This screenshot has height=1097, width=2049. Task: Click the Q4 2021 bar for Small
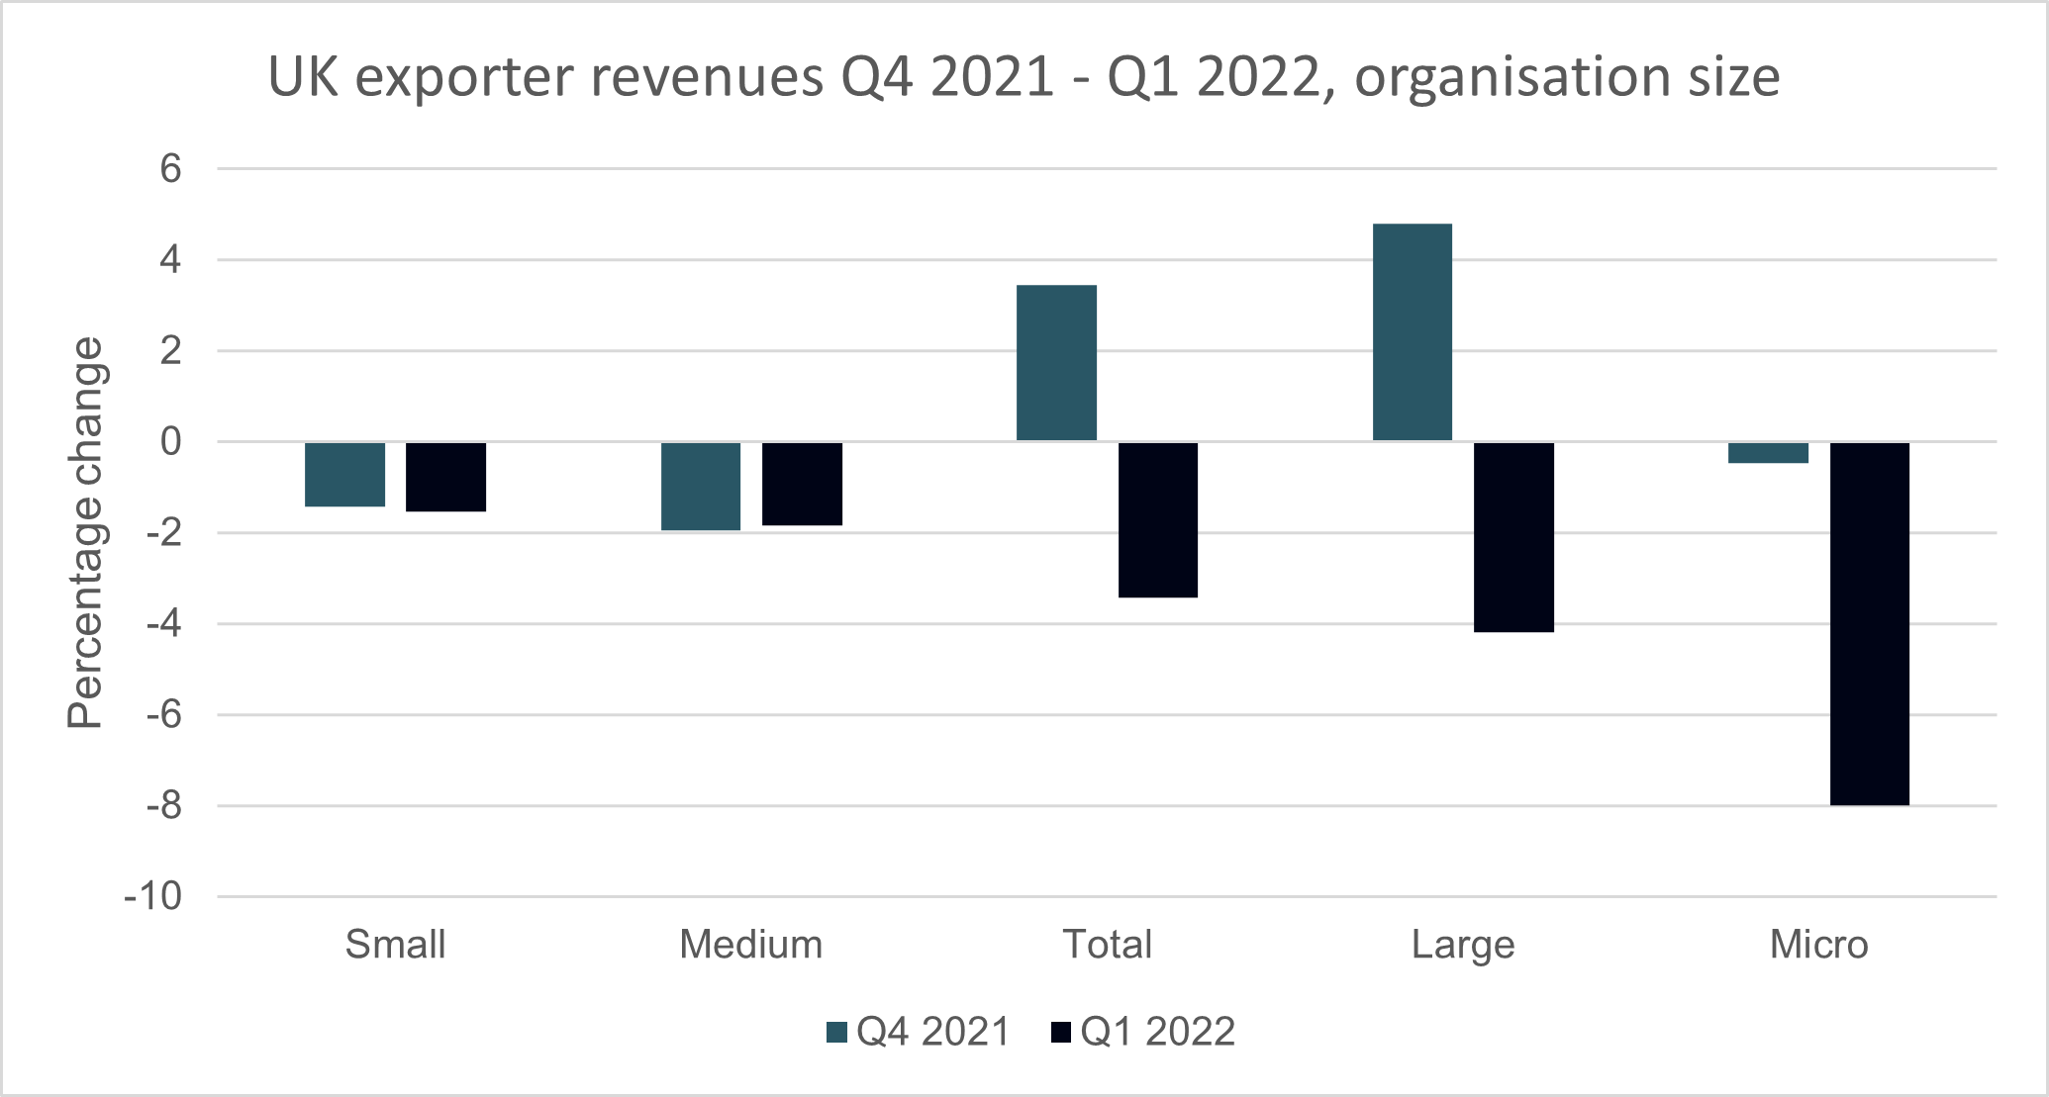pos(344,474)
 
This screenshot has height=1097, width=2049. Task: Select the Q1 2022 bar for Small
pos(445,477)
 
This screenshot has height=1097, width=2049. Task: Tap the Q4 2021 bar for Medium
pos(701,486)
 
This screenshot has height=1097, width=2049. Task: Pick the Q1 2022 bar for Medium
pos(802,484)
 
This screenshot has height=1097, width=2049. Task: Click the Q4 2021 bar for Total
pos(1056,363)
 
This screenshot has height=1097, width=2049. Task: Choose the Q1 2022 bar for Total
pos(1158,519)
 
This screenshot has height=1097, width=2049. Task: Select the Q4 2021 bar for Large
pos(1413,332)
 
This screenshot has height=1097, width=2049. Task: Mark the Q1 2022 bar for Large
pos(1513,537)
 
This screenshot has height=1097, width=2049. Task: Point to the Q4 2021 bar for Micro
pos(1768,453)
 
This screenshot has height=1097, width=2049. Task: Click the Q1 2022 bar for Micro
pos(1869,623)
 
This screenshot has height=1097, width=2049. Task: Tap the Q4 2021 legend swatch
pos(836,1033)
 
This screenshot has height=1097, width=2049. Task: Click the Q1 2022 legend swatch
pos(1060,1033)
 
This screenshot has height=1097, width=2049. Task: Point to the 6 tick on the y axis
pos(171,169)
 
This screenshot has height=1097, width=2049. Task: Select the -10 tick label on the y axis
pos(153,896)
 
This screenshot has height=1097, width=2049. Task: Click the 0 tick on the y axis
pos(171,442)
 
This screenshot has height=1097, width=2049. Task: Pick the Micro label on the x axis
pos(1818,945)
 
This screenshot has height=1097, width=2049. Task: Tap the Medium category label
pos(750,945)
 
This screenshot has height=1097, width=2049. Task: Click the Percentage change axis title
pos(85,533)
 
